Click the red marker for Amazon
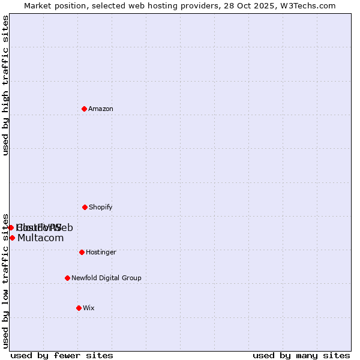(x=84, y=109)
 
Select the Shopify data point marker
(x=85, y=207)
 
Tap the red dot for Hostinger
(x=82, y=252)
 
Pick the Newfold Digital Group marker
(x=67, y=278)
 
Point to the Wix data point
(x=79, y=308)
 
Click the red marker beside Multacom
(x=12, y=238)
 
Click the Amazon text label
(x=101, y=109)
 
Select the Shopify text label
(x=101, y=207)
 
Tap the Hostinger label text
(x=101, y=252)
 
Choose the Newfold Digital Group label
(x=106, y=278)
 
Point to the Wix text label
(x=89, y=308)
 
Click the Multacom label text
(x=40, y=238)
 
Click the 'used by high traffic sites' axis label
(x=6, y=85)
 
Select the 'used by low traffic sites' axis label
(x=6, y=281)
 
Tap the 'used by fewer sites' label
(x=62, y=355)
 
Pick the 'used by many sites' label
(x=301, y=355)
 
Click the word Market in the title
(x=39, y=5)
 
